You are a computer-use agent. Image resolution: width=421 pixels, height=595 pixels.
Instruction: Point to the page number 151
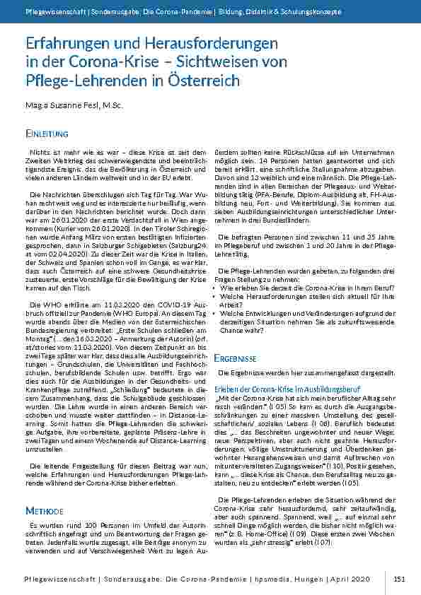[x=399, y=579]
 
